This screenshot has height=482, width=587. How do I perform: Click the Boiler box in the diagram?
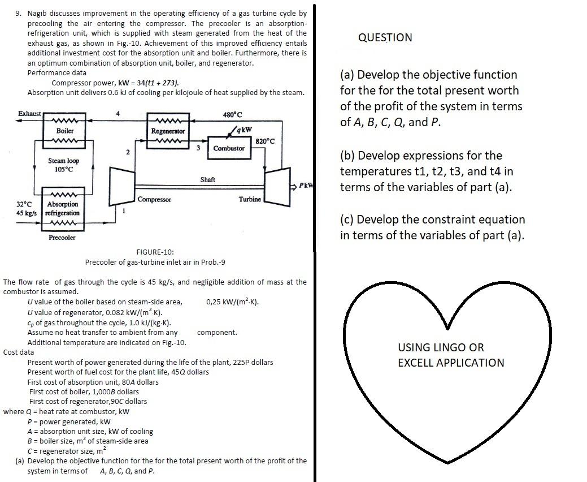(x=65, y=131)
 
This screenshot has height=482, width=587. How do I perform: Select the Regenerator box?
(x=168, y=131)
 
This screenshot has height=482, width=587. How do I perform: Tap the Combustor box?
(x=229, y=148)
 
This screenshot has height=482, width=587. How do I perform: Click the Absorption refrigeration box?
(x=63, y=208)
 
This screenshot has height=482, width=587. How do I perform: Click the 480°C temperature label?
(x=232, y=114)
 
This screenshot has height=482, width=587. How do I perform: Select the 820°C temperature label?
(x=265, y=141)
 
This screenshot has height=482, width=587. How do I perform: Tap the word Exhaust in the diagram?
(x=29, y=114)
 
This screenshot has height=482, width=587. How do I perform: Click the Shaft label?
(x=207, y=179)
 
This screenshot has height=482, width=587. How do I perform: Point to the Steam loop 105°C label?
(x=63, y=165)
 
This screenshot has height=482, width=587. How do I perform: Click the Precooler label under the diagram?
(x=62, y=238)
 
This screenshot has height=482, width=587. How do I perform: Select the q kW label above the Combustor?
(x=244, y=129)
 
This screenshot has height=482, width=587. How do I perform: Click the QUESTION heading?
(x=385, y=37)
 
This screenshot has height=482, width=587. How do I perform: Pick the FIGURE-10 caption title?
(x=155, y=252)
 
